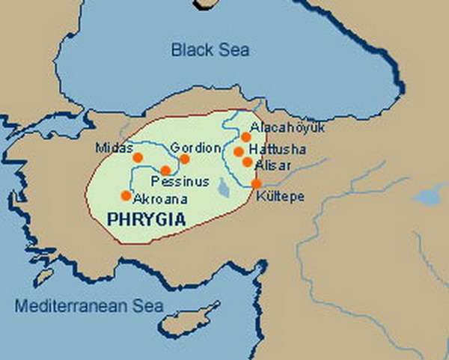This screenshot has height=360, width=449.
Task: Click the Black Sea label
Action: (210, 51)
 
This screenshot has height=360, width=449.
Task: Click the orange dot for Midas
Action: (137, 157)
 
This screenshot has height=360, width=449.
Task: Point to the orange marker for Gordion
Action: (185, 159)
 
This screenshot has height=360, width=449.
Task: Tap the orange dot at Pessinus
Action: (165, 171)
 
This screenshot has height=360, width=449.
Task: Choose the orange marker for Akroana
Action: (126, 195)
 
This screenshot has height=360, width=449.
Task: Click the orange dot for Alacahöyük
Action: (245, 137)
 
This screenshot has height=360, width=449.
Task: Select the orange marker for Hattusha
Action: (239, 151)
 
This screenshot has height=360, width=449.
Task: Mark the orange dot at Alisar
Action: (247, 162)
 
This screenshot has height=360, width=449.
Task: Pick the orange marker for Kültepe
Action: (256, 183)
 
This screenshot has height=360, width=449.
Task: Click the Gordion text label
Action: (195, 147)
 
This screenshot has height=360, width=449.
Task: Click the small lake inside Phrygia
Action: (223, 185)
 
